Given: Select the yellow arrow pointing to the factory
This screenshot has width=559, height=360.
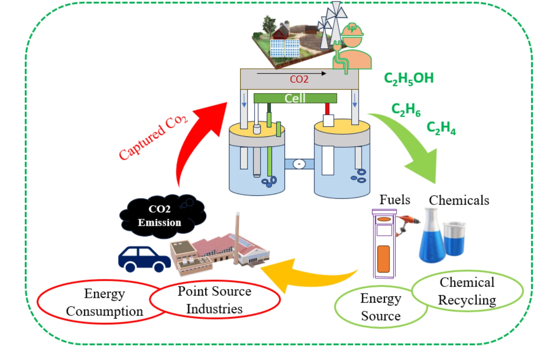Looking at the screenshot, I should pos(306,275).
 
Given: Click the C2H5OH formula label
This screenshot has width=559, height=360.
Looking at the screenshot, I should pos(409,78).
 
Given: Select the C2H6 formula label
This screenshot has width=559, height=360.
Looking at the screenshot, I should pos(406,109).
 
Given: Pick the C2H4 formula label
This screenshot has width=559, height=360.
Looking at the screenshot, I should pos(441,127).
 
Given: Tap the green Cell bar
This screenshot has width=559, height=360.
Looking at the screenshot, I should pos(295,98).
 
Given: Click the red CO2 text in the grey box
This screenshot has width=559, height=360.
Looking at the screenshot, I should pos(299,79).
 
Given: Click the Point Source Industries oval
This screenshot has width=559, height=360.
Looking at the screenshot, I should pos(215,300).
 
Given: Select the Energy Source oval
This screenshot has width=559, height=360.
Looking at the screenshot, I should pos(381,307).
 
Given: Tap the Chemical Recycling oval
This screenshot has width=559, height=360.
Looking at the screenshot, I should pos(467,291).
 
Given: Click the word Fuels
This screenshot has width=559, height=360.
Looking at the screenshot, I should pos(395,200).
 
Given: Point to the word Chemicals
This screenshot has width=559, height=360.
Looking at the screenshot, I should pos(459,200).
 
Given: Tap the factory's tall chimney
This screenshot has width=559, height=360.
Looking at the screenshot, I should pos(237,238).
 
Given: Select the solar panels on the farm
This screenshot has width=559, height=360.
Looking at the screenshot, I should pos(285,48).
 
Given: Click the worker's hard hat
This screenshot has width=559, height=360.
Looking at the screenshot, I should pos(352,30).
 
